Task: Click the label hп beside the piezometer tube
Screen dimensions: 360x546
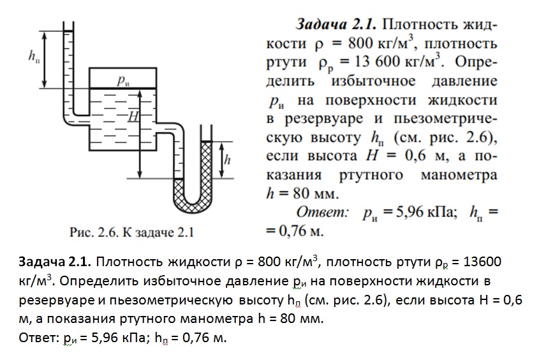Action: tap(33, 56)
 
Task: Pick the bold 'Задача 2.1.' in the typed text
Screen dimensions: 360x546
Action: tap(57, 263)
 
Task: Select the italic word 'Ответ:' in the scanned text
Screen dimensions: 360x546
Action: tap(323, 211)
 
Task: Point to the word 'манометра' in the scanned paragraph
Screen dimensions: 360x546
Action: tap(460, 174)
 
